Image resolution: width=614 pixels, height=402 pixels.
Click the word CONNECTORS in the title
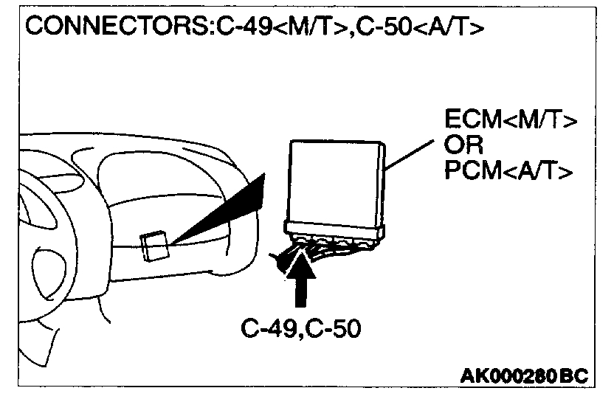[117, 27]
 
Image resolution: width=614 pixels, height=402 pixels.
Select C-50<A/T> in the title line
[419, 27]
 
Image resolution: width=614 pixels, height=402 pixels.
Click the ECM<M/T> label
[510, 120]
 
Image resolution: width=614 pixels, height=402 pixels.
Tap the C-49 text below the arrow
[266, 328]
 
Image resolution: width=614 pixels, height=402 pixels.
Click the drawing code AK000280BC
[524, 377]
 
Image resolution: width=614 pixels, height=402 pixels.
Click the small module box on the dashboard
[156, 246]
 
